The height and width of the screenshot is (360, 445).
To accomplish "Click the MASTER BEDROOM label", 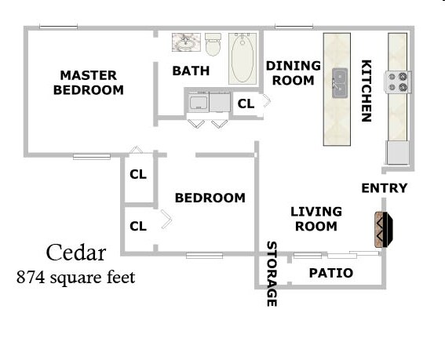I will (88, 82).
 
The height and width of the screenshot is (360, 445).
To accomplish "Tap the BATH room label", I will (191, 71).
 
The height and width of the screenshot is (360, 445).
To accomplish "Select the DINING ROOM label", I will (294, 72).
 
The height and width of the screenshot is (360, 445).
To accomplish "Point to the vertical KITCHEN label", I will (366, 91).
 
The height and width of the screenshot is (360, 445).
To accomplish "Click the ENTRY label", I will (384, 188).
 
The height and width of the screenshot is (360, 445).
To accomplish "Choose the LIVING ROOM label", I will (316, 219).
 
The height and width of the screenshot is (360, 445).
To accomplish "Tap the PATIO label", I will (330, 274).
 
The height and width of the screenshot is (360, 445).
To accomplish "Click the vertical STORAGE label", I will (272, 273).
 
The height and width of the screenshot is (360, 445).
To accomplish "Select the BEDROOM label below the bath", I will (210, 198).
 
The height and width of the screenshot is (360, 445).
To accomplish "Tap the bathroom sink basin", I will (186, 42).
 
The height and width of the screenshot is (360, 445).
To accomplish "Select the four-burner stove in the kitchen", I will (397, 81).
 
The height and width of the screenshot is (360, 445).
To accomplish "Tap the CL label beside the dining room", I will (246, 103).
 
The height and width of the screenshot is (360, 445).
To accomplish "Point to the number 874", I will (31, 277).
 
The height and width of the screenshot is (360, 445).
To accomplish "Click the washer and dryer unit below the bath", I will (207, 103).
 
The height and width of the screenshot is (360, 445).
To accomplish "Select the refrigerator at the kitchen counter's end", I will (397, 152).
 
